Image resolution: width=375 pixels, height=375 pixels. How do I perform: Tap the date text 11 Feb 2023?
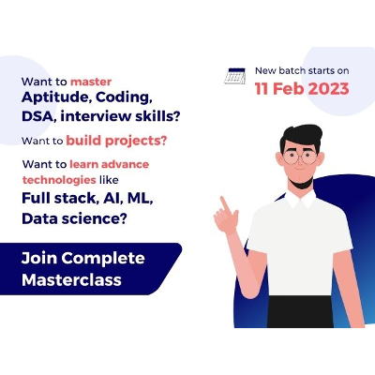pyautogui.click(x=302, y=89)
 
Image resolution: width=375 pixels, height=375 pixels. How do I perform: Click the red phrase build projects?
pyautogui.click(x=117, y=141)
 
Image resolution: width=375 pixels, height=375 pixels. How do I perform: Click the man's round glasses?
pyautogui.click(x=299, y=157)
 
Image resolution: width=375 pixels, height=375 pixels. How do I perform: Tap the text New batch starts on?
pyautogui.click(x=302, y=71)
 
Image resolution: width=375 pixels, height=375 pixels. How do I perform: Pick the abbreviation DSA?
pyautogui.click(x=37, y=115)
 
